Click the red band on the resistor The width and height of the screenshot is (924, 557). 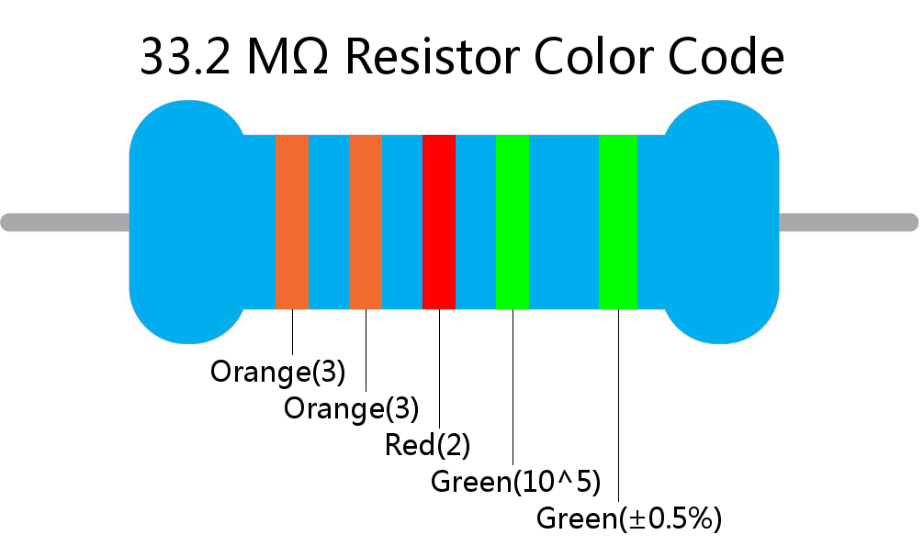coord(439,222)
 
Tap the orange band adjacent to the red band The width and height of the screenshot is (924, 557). coord(366,222)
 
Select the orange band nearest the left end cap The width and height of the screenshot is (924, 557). coord(292,222)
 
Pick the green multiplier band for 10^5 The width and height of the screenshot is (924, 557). coord(513,222)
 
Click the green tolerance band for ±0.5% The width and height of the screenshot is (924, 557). coord(617,222)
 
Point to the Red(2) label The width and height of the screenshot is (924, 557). coord(427,445)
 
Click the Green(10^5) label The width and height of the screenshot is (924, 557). coord(515,482)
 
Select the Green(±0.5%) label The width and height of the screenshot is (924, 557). coord(629,518)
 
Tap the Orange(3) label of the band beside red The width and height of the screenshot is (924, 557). coord(351,408)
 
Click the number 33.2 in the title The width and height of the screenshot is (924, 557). coord(185,57)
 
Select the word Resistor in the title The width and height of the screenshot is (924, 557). coord(432,57)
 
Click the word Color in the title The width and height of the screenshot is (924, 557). coord(592,57)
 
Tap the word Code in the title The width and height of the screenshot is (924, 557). coord(726,57)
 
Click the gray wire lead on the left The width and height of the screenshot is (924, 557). coord(65,223)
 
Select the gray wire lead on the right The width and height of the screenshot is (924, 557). coord(849,223)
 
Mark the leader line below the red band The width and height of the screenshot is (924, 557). coord(439,369)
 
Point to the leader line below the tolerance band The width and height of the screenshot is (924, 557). coord(618,406)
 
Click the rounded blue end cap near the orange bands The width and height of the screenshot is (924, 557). coord(187,222)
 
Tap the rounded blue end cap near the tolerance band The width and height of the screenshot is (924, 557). coord(721,222)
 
